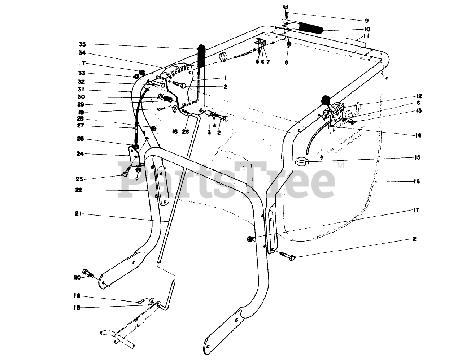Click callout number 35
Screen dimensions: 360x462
point(82,44)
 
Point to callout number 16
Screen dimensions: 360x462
point(417,182)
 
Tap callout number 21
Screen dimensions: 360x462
point(78,214)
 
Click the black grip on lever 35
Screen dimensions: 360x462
point(201,56)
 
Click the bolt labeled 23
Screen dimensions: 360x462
point(126,173)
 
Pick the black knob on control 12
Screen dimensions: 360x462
point(326,99)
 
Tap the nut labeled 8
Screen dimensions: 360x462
point(288,44)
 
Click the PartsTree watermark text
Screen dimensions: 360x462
point(227,180)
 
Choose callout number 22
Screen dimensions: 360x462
point(79,190)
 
